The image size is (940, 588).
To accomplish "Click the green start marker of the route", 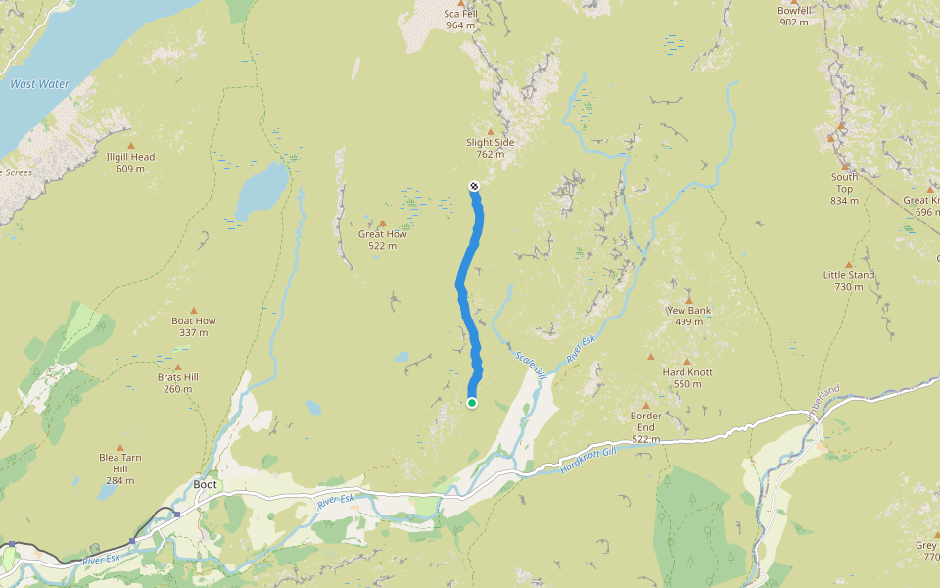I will (472, 403).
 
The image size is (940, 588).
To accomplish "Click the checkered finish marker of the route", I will (474, 185).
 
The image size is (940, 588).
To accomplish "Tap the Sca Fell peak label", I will (460, 19).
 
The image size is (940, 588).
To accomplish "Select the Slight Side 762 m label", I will (490, 148).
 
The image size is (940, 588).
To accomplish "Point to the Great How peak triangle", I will (383, 223).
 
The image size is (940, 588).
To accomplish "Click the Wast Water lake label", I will (39, 84).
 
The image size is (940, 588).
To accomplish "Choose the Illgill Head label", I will (130, 163).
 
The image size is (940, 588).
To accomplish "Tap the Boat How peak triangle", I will (194, 310).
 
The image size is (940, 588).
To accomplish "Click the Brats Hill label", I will (177, 383).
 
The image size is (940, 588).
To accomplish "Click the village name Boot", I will (206, 484).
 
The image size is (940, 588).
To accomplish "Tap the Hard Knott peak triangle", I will (687, 361).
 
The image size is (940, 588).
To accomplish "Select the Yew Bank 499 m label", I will (688, 317).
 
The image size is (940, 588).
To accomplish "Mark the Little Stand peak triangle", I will (849, 265).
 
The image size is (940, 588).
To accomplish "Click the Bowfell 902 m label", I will (794, 17).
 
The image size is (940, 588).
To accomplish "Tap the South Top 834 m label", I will (844, 189).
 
